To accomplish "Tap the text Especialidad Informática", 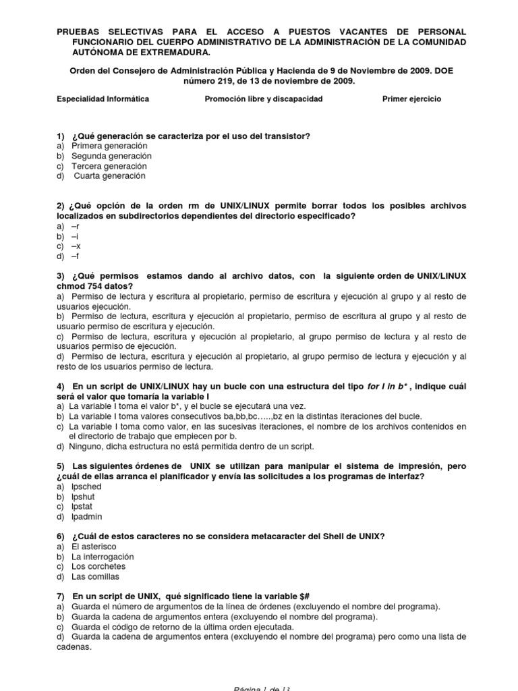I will (103, 99).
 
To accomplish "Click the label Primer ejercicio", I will (411, 99).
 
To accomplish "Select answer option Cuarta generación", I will (109, 176).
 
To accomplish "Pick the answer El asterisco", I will (94, 547).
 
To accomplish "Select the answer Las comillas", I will (95, 577).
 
